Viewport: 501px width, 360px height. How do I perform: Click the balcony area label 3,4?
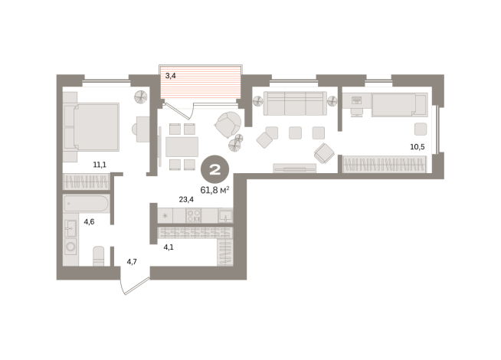tap(170, 76)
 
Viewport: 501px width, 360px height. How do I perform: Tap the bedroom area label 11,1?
tap(100, 165)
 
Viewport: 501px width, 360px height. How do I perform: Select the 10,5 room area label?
tap(417, 147)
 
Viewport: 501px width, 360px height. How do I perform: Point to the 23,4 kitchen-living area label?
tap(186, 200)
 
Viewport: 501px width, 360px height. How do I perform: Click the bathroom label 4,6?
tap(89, 221)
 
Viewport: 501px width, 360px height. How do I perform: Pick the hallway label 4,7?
tap(132, 262)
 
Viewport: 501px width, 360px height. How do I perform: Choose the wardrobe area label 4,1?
tap(169, 247)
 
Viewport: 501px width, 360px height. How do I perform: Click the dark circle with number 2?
tap(214, 169)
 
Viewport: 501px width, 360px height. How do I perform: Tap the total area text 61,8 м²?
tap(214, 190)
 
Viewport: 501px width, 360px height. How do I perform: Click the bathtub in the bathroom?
tap(87, 204)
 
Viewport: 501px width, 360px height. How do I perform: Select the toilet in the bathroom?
tap(98, 256)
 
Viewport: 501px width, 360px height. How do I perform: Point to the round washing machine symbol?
tap(70, 247)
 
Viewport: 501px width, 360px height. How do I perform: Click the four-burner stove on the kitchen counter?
tap(194, 215)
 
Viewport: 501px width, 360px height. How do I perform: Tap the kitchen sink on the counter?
tap(225, 215)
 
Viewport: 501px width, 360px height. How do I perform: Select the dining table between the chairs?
tap(182, 146)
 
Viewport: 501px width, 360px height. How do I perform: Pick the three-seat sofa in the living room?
tap(295, 103)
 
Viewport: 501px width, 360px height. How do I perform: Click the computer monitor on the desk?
tap(356, 100)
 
